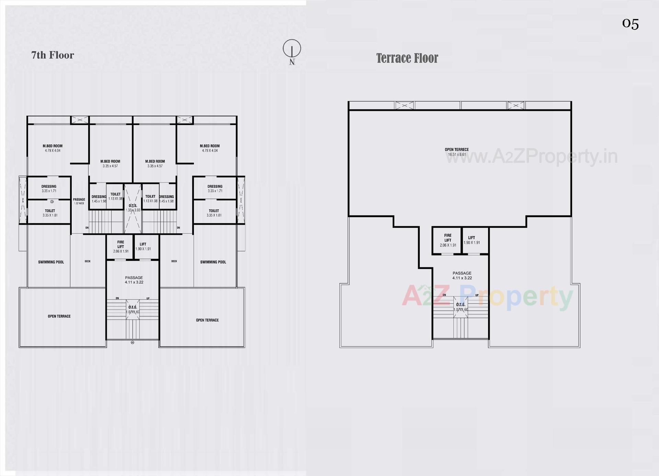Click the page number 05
(x=630, y=24)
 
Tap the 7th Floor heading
(x=53, y=55)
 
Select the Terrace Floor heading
(x=407, y=58)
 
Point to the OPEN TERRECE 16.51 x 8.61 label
(x=456, y=152)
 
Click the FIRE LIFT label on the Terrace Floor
(x=448, y=240)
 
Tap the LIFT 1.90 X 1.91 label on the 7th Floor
(x=143, y=246)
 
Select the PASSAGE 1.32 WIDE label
(x=79, y=201)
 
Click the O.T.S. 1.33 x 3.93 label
(x=133, y=208)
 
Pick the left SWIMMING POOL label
(x=51, y=262)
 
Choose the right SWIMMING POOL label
(x=213, y=262)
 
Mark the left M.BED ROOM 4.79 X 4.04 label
(x=53, y=148)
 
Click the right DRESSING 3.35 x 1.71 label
(x=215, y=188)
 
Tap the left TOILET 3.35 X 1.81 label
(x=50, y=213)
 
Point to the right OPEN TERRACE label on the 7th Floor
(x=207, y=320)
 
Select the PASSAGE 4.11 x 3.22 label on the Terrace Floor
(x=462, y=276)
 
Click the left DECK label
(x=88, y=262)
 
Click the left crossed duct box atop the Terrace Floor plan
(x=405, y=105)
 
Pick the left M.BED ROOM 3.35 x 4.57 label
(x=110, y=163)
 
